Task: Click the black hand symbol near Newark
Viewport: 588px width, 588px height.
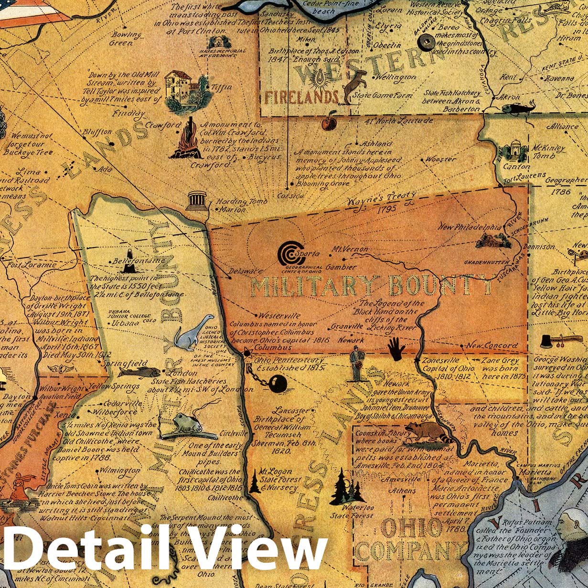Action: coord(396,349)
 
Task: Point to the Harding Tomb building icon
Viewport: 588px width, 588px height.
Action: coord(196,201)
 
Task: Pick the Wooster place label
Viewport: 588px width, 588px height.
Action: coord(440,159)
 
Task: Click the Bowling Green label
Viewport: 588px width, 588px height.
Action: coord(126,39)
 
